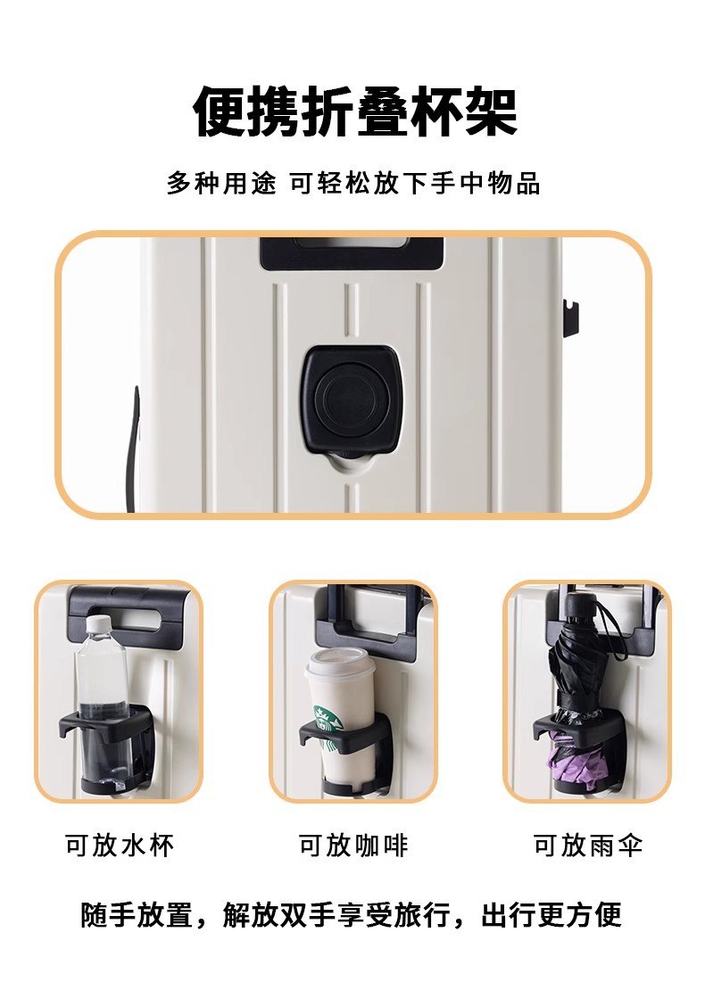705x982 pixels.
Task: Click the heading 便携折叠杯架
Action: tap(354, 112)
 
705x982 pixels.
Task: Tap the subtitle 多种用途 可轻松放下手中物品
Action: tap(353, 184)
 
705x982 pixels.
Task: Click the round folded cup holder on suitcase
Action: tap(352, 399)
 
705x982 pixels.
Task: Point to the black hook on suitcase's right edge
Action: tap(570, 318)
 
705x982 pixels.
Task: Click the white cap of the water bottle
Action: tap(98, 624)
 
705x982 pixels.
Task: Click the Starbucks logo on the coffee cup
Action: tap(328, 727)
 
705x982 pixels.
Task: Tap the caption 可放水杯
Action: tap(120, 846)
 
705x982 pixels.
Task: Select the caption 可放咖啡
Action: tap(353, 846)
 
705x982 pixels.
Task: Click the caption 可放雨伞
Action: tap(588, 846)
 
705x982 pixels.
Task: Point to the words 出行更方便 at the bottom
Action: tap(552, 915)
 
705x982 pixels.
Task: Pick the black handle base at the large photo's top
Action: tap(352, 253)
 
